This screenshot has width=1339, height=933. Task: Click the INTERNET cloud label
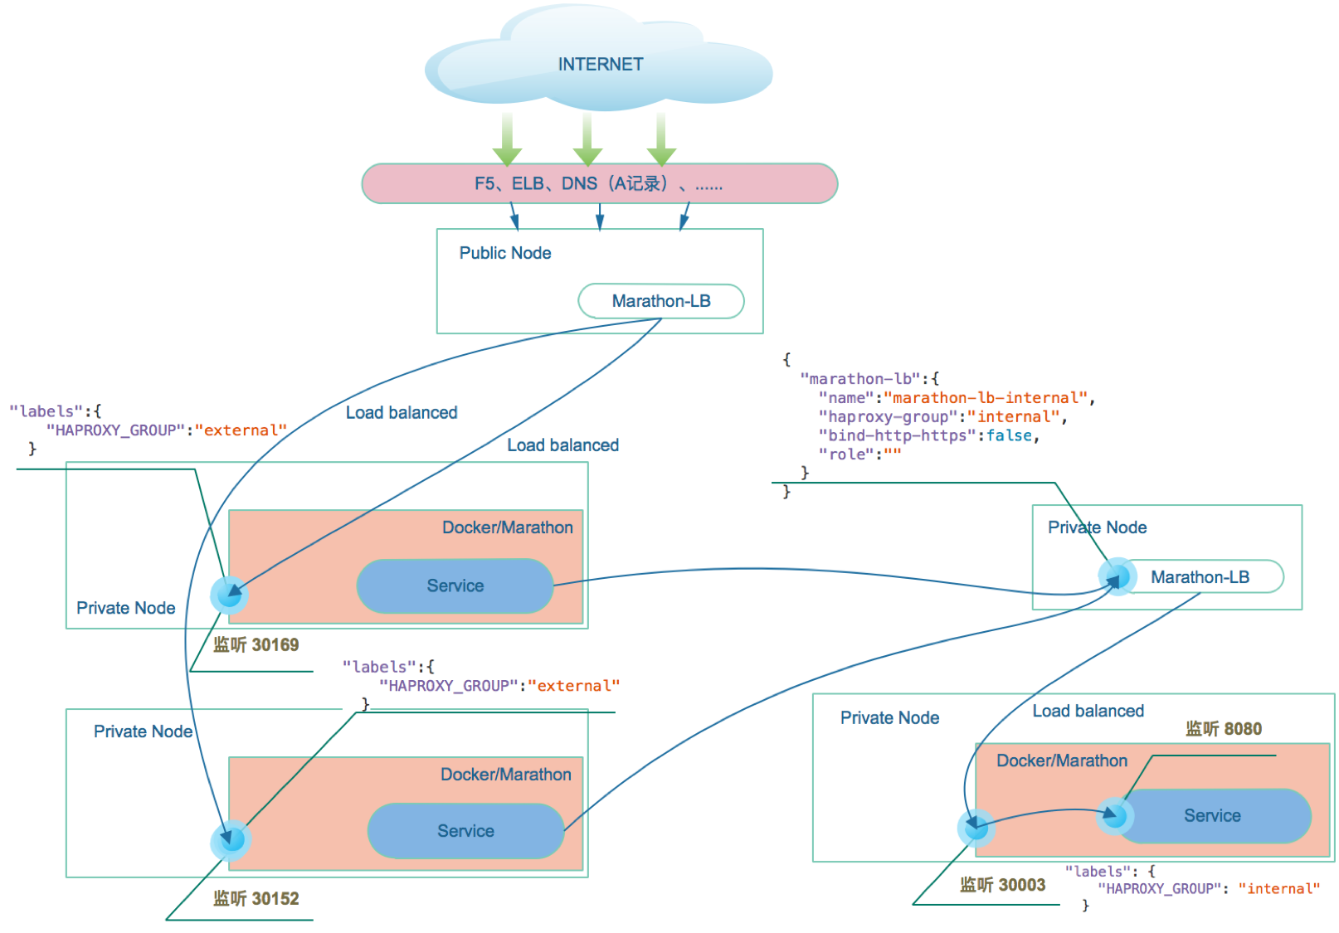click(600, 65)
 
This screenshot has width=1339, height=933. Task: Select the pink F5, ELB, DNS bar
click(599, 183)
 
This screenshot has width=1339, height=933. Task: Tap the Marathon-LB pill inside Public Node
click(660, 301)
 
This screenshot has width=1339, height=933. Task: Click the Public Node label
click(504, 253)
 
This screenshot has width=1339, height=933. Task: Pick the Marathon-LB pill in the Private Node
click(1200, 577)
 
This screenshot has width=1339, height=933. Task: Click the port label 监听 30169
click(256, 645)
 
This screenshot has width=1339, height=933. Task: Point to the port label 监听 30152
click(256, 898)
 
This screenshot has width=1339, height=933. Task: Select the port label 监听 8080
click(1223, 729)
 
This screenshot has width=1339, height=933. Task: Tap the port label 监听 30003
click(1002, 885)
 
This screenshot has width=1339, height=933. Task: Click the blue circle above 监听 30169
click(229, 595)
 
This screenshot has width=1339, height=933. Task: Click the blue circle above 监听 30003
click(976, 827)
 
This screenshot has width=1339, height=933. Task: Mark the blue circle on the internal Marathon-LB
click(1117, 576)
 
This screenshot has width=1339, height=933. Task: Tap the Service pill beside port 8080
click(1212, 816)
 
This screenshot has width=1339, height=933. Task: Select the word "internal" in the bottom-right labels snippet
click(1278, 889)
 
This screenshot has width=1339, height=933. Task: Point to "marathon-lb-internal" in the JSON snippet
click(985, 398)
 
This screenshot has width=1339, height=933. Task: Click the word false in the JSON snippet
click(1009, 436)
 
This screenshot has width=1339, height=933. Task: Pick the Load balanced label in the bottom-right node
click(1088, 712)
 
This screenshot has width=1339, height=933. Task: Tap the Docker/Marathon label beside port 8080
click(1061, 761)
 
